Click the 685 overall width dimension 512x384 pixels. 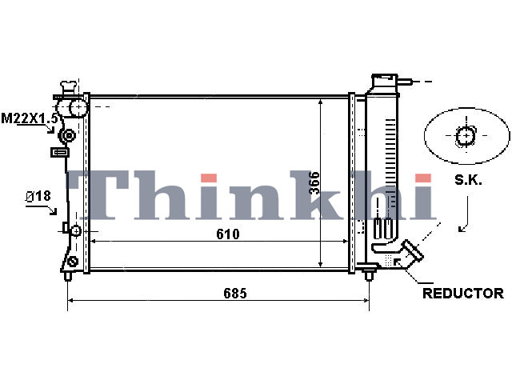click(234, 294)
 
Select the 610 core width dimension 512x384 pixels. click(227, 234)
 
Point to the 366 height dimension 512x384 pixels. click(314, 183)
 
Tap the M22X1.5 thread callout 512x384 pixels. click(30, 118)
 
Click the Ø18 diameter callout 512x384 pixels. click(38, 196)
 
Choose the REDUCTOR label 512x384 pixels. click(463, 294)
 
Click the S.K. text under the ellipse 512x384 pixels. click(468, 180)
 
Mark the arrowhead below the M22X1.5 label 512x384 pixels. click(50, 130)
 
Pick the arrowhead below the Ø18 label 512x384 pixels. click(53, 211)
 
